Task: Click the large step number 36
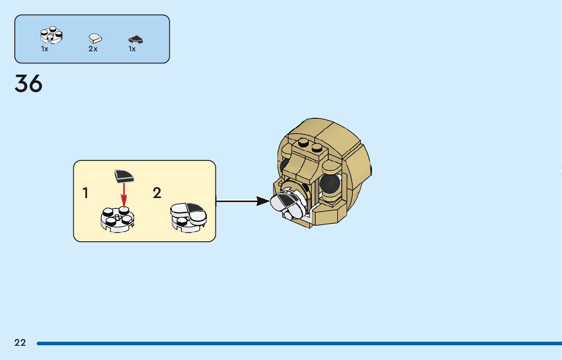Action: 28,84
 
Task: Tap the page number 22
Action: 20,343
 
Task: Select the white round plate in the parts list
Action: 51,36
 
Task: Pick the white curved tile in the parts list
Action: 95,38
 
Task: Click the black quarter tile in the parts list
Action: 135,39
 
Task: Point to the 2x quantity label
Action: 93,49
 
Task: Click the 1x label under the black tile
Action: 132,49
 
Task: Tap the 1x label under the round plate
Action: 45,49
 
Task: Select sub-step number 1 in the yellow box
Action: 86,193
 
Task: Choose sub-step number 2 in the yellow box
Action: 157,193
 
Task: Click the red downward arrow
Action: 123,195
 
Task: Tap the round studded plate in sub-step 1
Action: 117,220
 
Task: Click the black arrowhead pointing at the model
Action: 263,202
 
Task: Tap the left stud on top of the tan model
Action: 304,143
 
